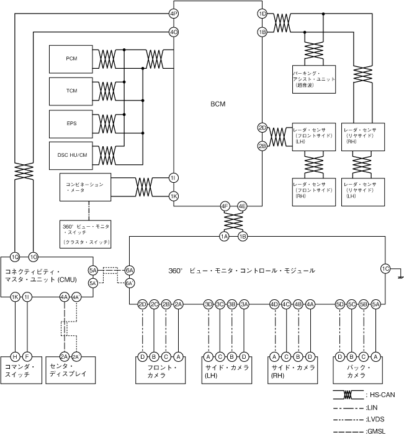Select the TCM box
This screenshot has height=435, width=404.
71,90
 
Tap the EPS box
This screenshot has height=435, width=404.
71,123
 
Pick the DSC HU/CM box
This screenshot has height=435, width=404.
71,155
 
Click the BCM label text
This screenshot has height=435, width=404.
217,104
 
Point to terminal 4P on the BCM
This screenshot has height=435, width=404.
174,13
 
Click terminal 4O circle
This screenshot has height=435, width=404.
174,31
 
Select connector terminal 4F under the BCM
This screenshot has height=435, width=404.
225,206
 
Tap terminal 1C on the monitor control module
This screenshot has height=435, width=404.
386,268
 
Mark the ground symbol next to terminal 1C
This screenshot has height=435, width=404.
400,278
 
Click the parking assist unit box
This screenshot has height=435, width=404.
314,79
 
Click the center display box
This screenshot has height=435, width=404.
71,371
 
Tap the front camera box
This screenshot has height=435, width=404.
161,371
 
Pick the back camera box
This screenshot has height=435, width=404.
357,371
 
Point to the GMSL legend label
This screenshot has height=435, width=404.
376,431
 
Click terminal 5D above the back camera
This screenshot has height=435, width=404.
339,304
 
